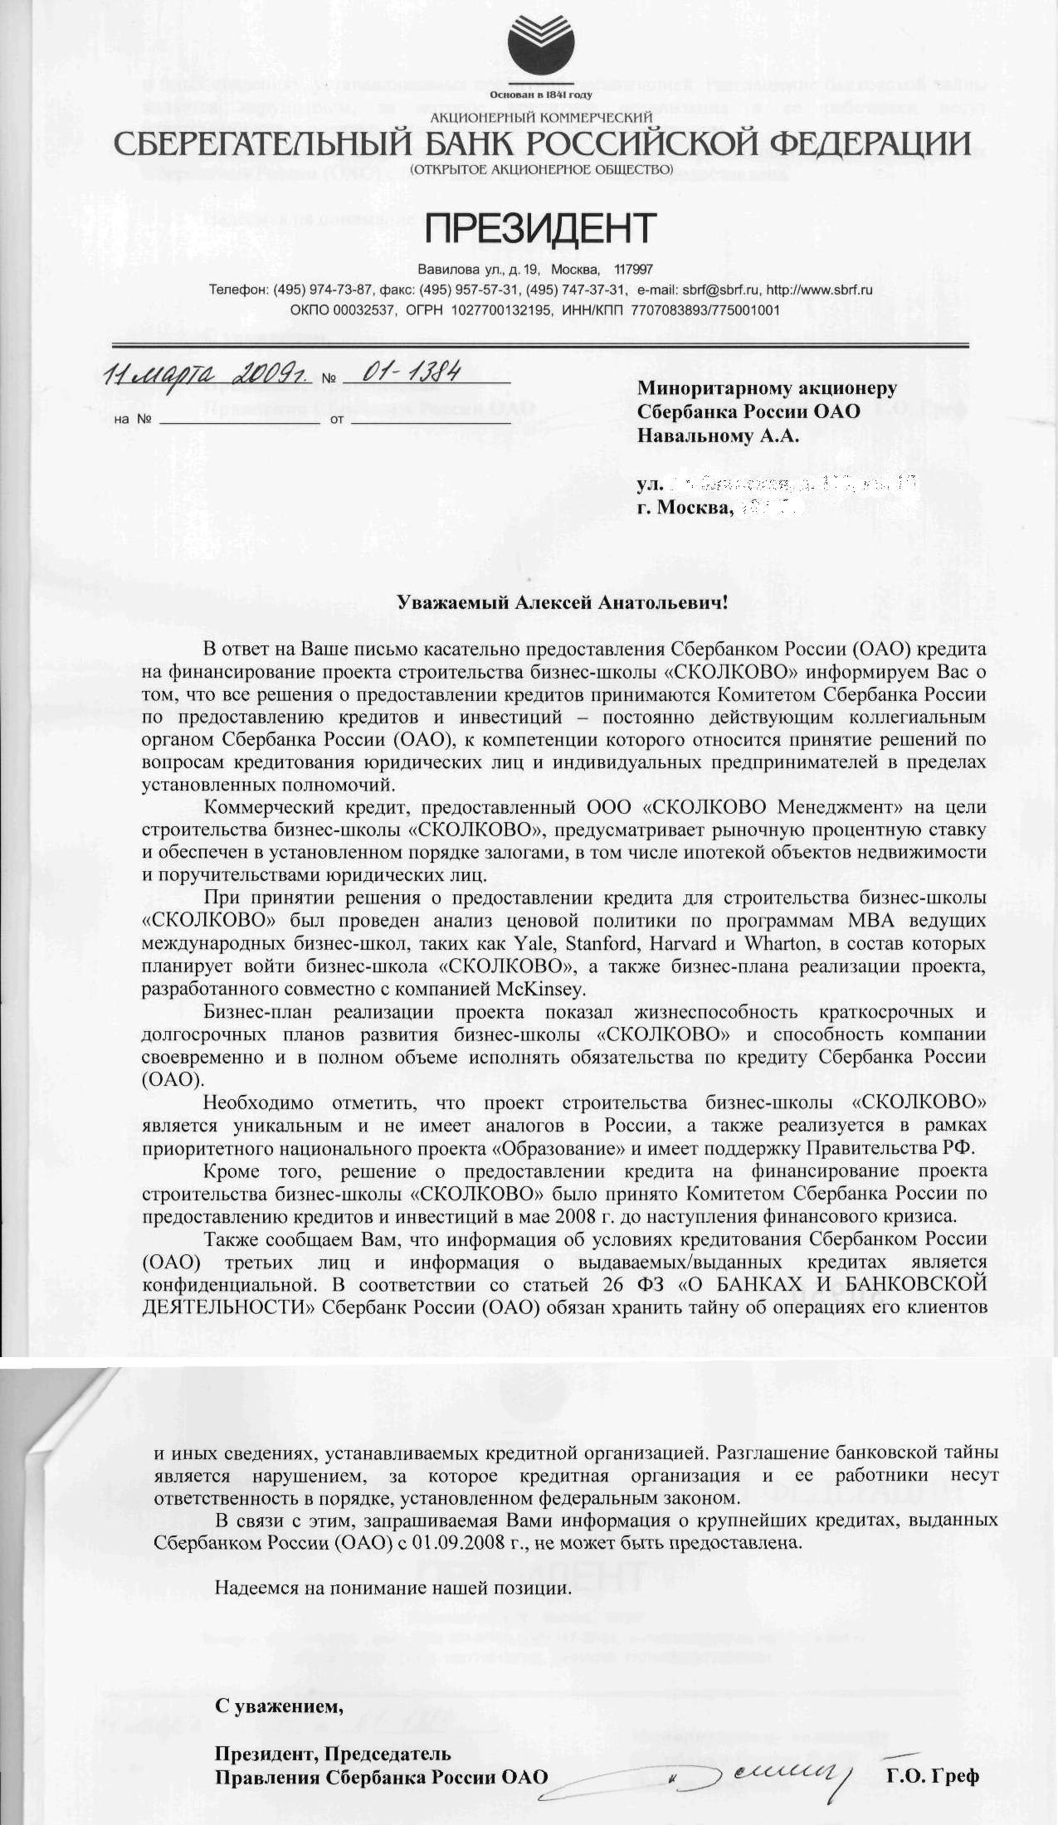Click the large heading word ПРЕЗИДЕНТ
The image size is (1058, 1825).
coord(540,229)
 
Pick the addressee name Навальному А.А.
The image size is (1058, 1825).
coord(718,436)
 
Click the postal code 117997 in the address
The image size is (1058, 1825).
coord(633,270)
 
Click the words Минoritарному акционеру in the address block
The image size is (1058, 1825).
coord(766,388)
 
